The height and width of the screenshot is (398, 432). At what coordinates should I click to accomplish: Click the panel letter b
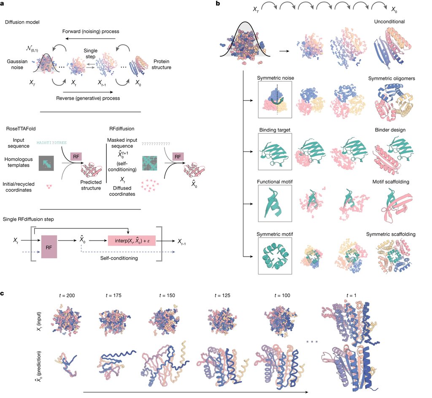pyautogui.click(x=218, y=3)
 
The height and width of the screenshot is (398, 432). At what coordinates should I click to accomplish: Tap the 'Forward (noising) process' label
pyautogui.click(x=91, y=31)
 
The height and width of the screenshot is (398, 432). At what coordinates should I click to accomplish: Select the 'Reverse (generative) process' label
pyautogui.click(x=88, y=98)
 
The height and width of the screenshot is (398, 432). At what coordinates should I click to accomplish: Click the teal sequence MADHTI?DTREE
pyautogui.click(x=52, y=143)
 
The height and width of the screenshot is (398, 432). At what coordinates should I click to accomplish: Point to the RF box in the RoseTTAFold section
pyautogui.click(x=76, y=157)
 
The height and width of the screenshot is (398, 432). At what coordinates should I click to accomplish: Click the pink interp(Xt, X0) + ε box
pyautogui.click(x=132, y=241)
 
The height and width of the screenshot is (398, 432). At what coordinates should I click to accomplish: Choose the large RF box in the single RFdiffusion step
pyautogui.click(x=49, y=246)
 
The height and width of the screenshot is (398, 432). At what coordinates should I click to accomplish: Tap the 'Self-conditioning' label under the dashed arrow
pyautogui.click(x=119, y=258)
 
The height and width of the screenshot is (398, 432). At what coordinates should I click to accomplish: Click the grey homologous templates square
pyautogui.click(x=46, y=163)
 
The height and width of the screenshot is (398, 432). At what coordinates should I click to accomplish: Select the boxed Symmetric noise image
pyautogui.click(x=275, y=100)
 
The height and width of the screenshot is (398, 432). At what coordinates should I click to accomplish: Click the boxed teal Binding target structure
pyautogui.click(x=275, y=152)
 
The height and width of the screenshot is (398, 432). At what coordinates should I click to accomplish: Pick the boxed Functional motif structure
pyautogui.click(x=275, y=203)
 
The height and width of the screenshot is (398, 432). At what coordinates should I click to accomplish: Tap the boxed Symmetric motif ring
pyautogui.click(x=275, y=256)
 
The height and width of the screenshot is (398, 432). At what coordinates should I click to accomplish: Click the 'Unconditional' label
pyautogui.click(x=389, y=22)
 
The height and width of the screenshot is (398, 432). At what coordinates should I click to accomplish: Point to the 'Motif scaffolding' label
pyautogui.click(x=391, y=182)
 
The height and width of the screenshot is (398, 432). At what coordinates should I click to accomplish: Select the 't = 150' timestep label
pyautogui.click(x=167, y=295)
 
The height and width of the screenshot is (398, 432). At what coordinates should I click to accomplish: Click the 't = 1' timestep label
pyautogui.click(x=351, y=295)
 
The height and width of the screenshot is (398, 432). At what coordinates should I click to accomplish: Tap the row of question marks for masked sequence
pyautogui.click(x=156, y=143)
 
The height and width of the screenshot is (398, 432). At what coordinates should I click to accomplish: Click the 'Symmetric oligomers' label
pyautogui.click(x=391, y=79)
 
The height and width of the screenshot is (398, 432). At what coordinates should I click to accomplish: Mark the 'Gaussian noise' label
pyautogui.click(x=17, y=65)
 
